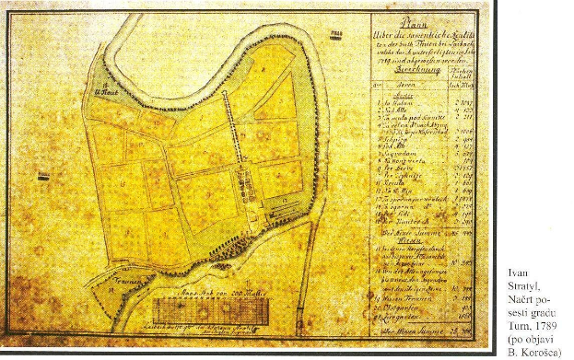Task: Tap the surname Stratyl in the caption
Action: point(524,286)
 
